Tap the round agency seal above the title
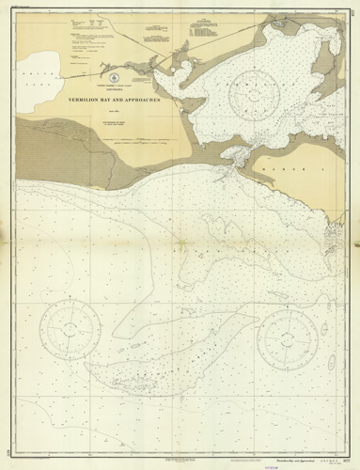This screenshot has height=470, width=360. pyautogui.click(x=114, y=72)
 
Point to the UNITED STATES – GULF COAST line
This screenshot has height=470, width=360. pyautogui.click(x=114, y=83)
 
